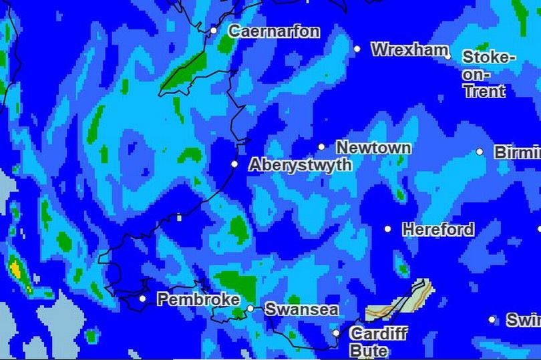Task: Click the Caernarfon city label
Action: (274, 31)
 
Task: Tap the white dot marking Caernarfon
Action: (213, 31)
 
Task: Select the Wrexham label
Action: (409, 49)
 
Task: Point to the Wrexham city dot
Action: (357, 49)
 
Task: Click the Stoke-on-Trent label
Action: (488, 74)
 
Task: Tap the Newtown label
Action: (373, 147)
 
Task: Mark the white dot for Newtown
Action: (321, 147)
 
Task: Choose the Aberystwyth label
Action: (300, 165)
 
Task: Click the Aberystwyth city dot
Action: (234, 164)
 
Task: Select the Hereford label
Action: (438, 229)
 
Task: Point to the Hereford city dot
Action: (387, 229)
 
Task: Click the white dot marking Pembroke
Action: (142, 299)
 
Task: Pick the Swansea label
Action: (301, 309)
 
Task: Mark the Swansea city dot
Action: (250, 309)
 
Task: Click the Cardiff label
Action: (378, 333)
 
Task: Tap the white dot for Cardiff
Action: (336, 333)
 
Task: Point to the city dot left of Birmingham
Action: (480, 152)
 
